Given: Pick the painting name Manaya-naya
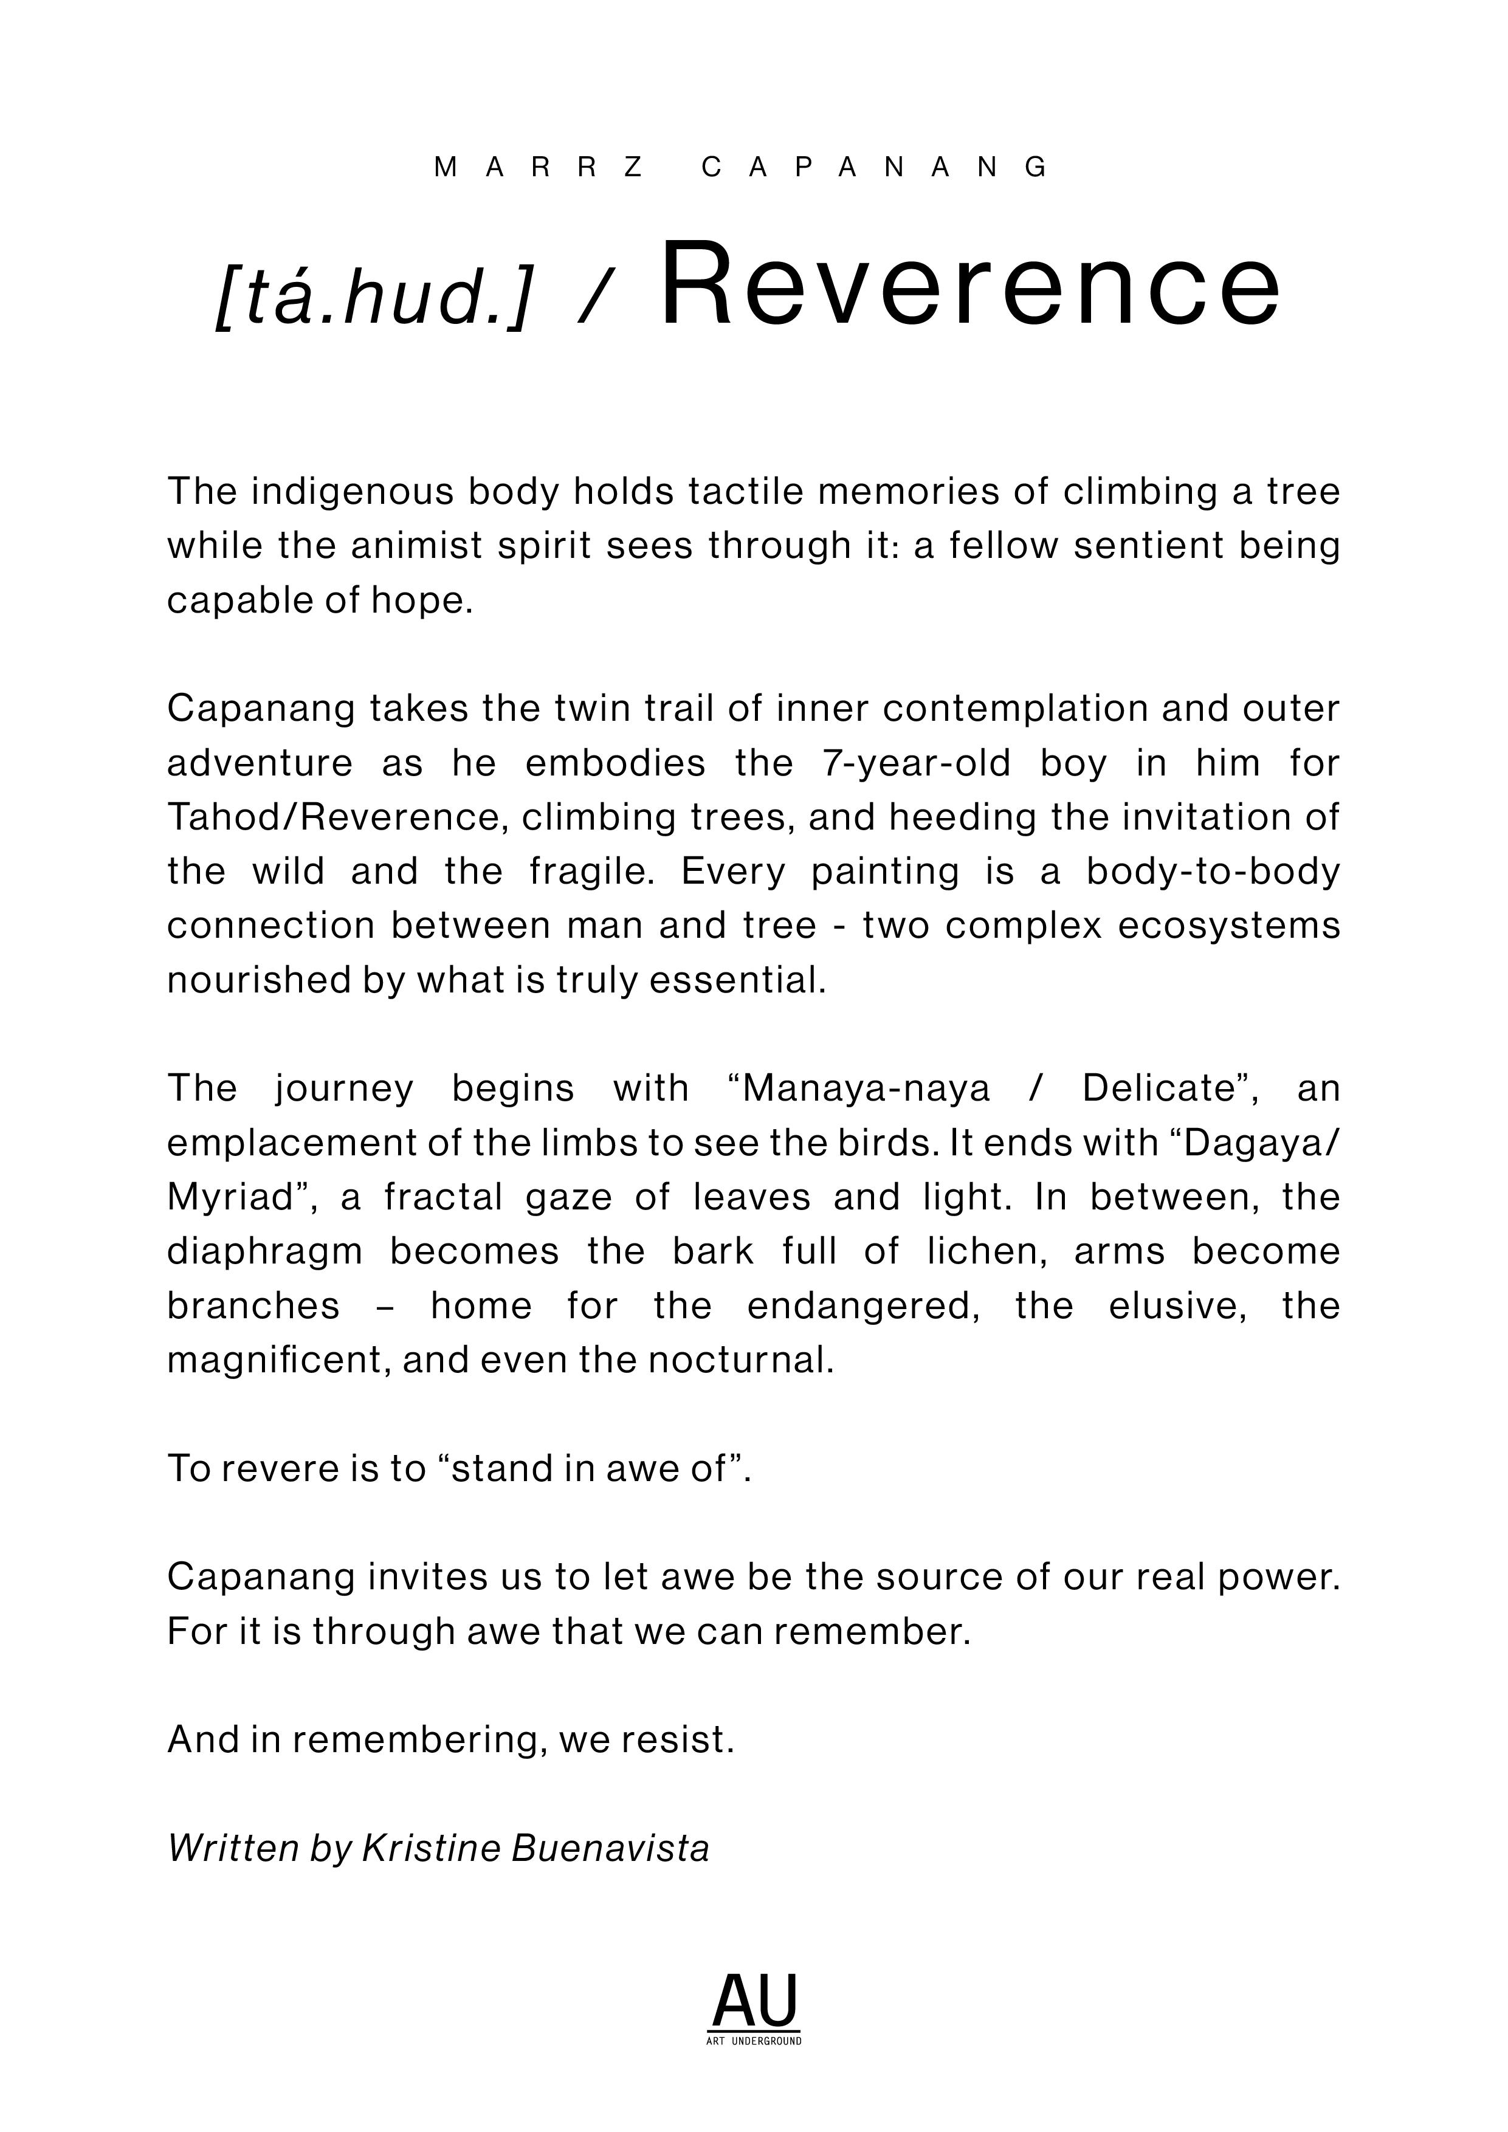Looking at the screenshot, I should point(866,1089).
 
